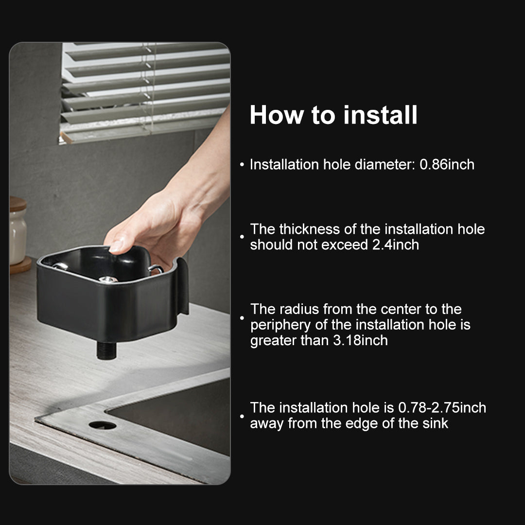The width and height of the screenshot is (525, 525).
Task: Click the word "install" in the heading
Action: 380,115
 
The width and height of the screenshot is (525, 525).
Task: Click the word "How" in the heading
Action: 276,115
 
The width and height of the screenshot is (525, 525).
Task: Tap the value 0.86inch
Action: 447,165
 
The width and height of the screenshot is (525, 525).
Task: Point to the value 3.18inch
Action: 360,340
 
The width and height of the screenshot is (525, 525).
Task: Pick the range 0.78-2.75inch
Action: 442,408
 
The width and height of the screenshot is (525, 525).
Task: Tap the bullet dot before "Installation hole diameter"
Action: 242,165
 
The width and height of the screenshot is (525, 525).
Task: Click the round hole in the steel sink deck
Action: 103,425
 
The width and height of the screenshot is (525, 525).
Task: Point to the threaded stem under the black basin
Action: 106,350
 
